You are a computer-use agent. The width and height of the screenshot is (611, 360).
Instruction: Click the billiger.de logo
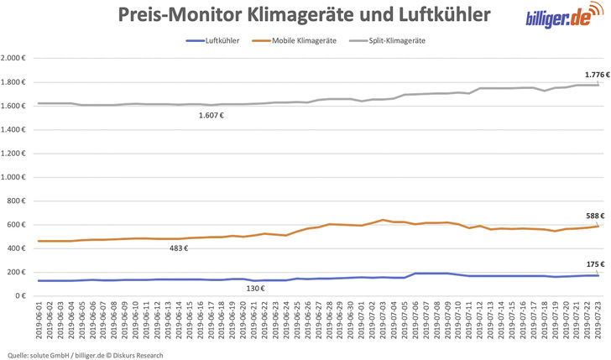tap(562, 18)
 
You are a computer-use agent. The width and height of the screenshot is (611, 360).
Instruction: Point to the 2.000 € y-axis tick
tap(15, 58)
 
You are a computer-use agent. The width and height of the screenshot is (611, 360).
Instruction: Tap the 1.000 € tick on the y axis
tap(15, 177)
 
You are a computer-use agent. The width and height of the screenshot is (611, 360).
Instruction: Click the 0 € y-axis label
tap(23, 296)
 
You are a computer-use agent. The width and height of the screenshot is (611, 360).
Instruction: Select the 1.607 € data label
tap(210, 115)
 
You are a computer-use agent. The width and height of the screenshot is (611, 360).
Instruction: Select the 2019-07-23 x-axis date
tap(597, 323)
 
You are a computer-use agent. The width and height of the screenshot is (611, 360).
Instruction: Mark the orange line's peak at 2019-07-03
tap(383, 220)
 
